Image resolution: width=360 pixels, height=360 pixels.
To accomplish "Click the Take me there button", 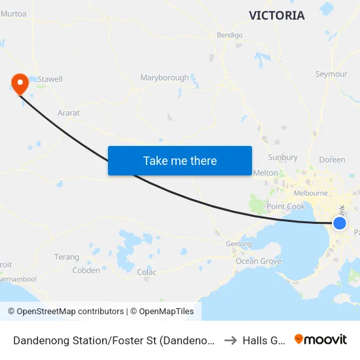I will pyautogui.click(x=180, y=160).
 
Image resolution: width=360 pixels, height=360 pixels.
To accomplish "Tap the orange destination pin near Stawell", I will pyautogui.click(x=20, y=83).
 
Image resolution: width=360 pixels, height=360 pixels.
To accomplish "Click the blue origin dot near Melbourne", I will pyautogui.click(x=340, y=223).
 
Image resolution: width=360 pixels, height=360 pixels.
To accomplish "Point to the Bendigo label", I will pyautogui.click(x=229, y=35).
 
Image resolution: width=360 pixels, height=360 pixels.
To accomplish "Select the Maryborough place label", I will pyautogui.click(x=164, y=78).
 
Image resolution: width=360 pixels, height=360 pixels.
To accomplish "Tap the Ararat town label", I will pyautogui.click(x=69, y=113).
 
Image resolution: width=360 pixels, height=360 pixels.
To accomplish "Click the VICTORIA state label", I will pyautogui.click(x=276, y=15).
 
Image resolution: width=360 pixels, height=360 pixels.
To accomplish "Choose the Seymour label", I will pyautogui.click(x=331, y=74).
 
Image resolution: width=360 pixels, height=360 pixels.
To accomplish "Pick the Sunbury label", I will pyautogui.click(x=283, y=158).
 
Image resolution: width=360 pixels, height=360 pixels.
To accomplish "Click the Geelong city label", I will pyautogui.click(x=238, y=244).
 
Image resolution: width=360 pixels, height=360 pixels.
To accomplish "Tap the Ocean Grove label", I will pyautogui.click(x=259, y=261).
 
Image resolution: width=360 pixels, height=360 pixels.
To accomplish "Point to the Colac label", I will pyautogui.click(x=147, y=272).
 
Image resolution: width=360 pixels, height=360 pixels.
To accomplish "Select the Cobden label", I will pyautogui.click(x=86, y=270).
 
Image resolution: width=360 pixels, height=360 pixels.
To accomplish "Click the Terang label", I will pyautogui.click(x=67, y=257).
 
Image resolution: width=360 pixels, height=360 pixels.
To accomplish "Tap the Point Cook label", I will pyautogui.click(x=286, y=207).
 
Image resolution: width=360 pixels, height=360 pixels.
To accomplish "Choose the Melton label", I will pyautogui.click(x=266, y=173).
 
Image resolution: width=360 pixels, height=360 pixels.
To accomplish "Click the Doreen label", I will pyautogui.click(x=332, y=160).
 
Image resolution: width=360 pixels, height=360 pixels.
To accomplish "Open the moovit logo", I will pyautogui.click(x=321, y=340).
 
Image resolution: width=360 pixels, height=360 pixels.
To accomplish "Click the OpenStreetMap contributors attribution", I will pyautogui.click(x=65, y=312).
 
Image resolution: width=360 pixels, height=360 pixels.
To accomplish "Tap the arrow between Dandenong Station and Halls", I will pyautogui.click(x=229, y=340).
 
